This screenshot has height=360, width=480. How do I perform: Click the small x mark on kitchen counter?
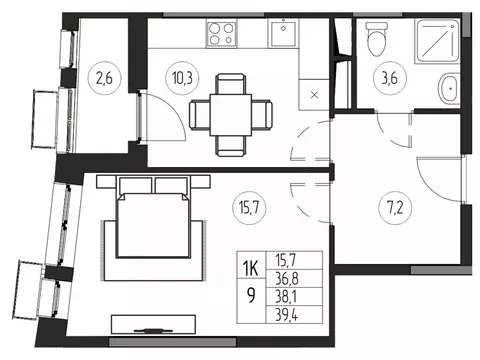coord(315,95)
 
